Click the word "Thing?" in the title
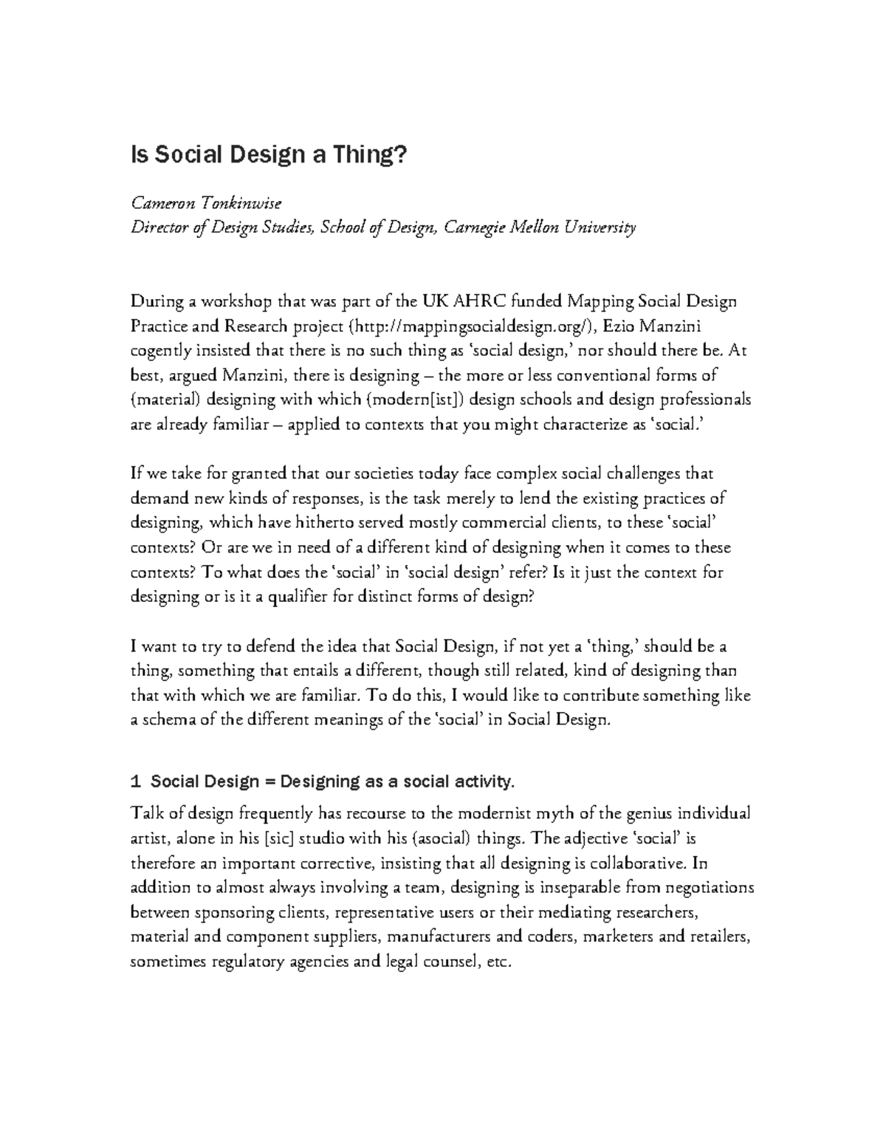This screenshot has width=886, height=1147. [367, 155]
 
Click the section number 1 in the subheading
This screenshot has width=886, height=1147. [134, 781]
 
